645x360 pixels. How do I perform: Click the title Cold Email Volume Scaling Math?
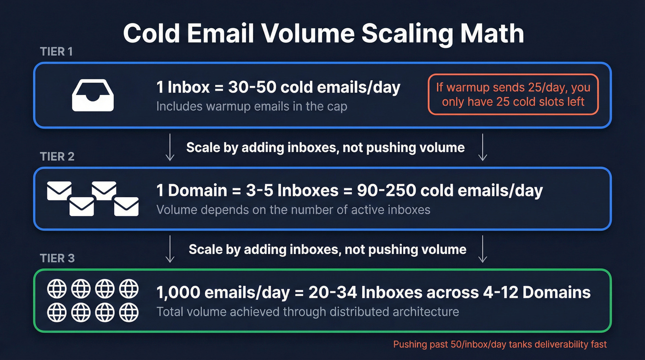pos(323,34)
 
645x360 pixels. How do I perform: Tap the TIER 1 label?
pos(56,52)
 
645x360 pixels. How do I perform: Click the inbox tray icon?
pos(93,94)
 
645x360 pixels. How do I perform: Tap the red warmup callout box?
pos(513,94)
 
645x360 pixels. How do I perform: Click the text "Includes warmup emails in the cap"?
pos(252,106)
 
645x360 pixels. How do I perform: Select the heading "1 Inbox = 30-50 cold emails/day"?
pos(278,88)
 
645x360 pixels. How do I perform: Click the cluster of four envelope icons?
pos(93,199)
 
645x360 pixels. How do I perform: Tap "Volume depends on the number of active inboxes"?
pos(293,210)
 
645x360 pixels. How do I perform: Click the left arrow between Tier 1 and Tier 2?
pos(170,148)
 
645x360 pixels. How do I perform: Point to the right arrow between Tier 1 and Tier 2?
pos(482,148)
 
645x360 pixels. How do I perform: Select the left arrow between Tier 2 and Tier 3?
pos(170,249)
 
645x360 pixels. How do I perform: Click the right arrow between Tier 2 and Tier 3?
pos(482,249)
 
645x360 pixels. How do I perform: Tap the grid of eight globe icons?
pos(93,301)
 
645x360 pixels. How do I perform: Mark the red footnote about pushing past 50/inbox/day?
pos(500,344)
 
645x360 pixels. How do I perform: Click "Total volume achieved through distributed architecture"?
pos(308,312)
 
